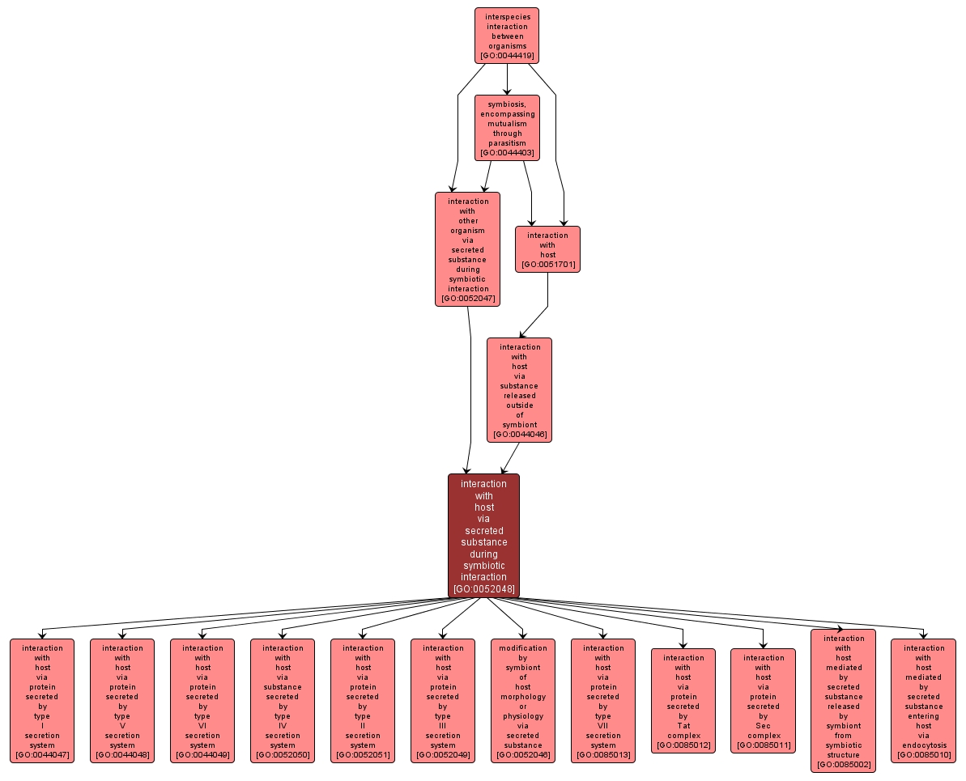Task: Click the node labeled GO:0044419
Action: click(x=507, y=36)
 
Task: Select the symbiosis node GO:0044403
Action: click(x=507, y=128)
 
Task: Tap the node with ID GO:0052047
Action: click(x=467, y=249)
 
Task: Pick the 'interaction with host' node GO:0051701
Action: click(x=547, y=249)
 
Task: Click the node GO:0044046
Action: click(x=519, y=390)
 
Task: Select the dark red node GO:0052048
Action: click(x=483, y=536)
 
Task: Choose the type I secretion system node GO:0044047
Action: click(x=42, y=701)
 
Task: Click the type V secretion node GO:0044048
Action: click(x=122, y=701)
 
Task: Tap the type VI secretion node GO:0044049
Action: click(x=202, y=701)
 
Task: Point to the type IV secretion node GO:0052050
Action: click(x=282, y=701)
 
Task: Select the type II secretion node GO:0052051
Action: click(x=362, y=701)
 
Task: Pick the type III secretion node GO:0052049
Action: click(x=442, y=701)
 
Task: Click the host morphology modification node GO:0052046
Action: click(x=522, y=701)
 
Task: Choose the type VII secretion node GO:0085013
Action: click(x=602, y=701)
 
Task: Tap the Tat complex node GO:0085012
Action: click(x=683, y=701)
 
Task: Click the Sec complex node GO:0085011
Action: click(x=764, y=701)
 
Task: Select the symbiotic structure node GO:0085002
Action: click(x=844, y=701)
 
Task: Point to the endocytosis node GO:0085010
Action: click(x=924, y=701)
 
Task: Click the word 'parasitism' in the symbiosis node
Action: click(x=507, y=143)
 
